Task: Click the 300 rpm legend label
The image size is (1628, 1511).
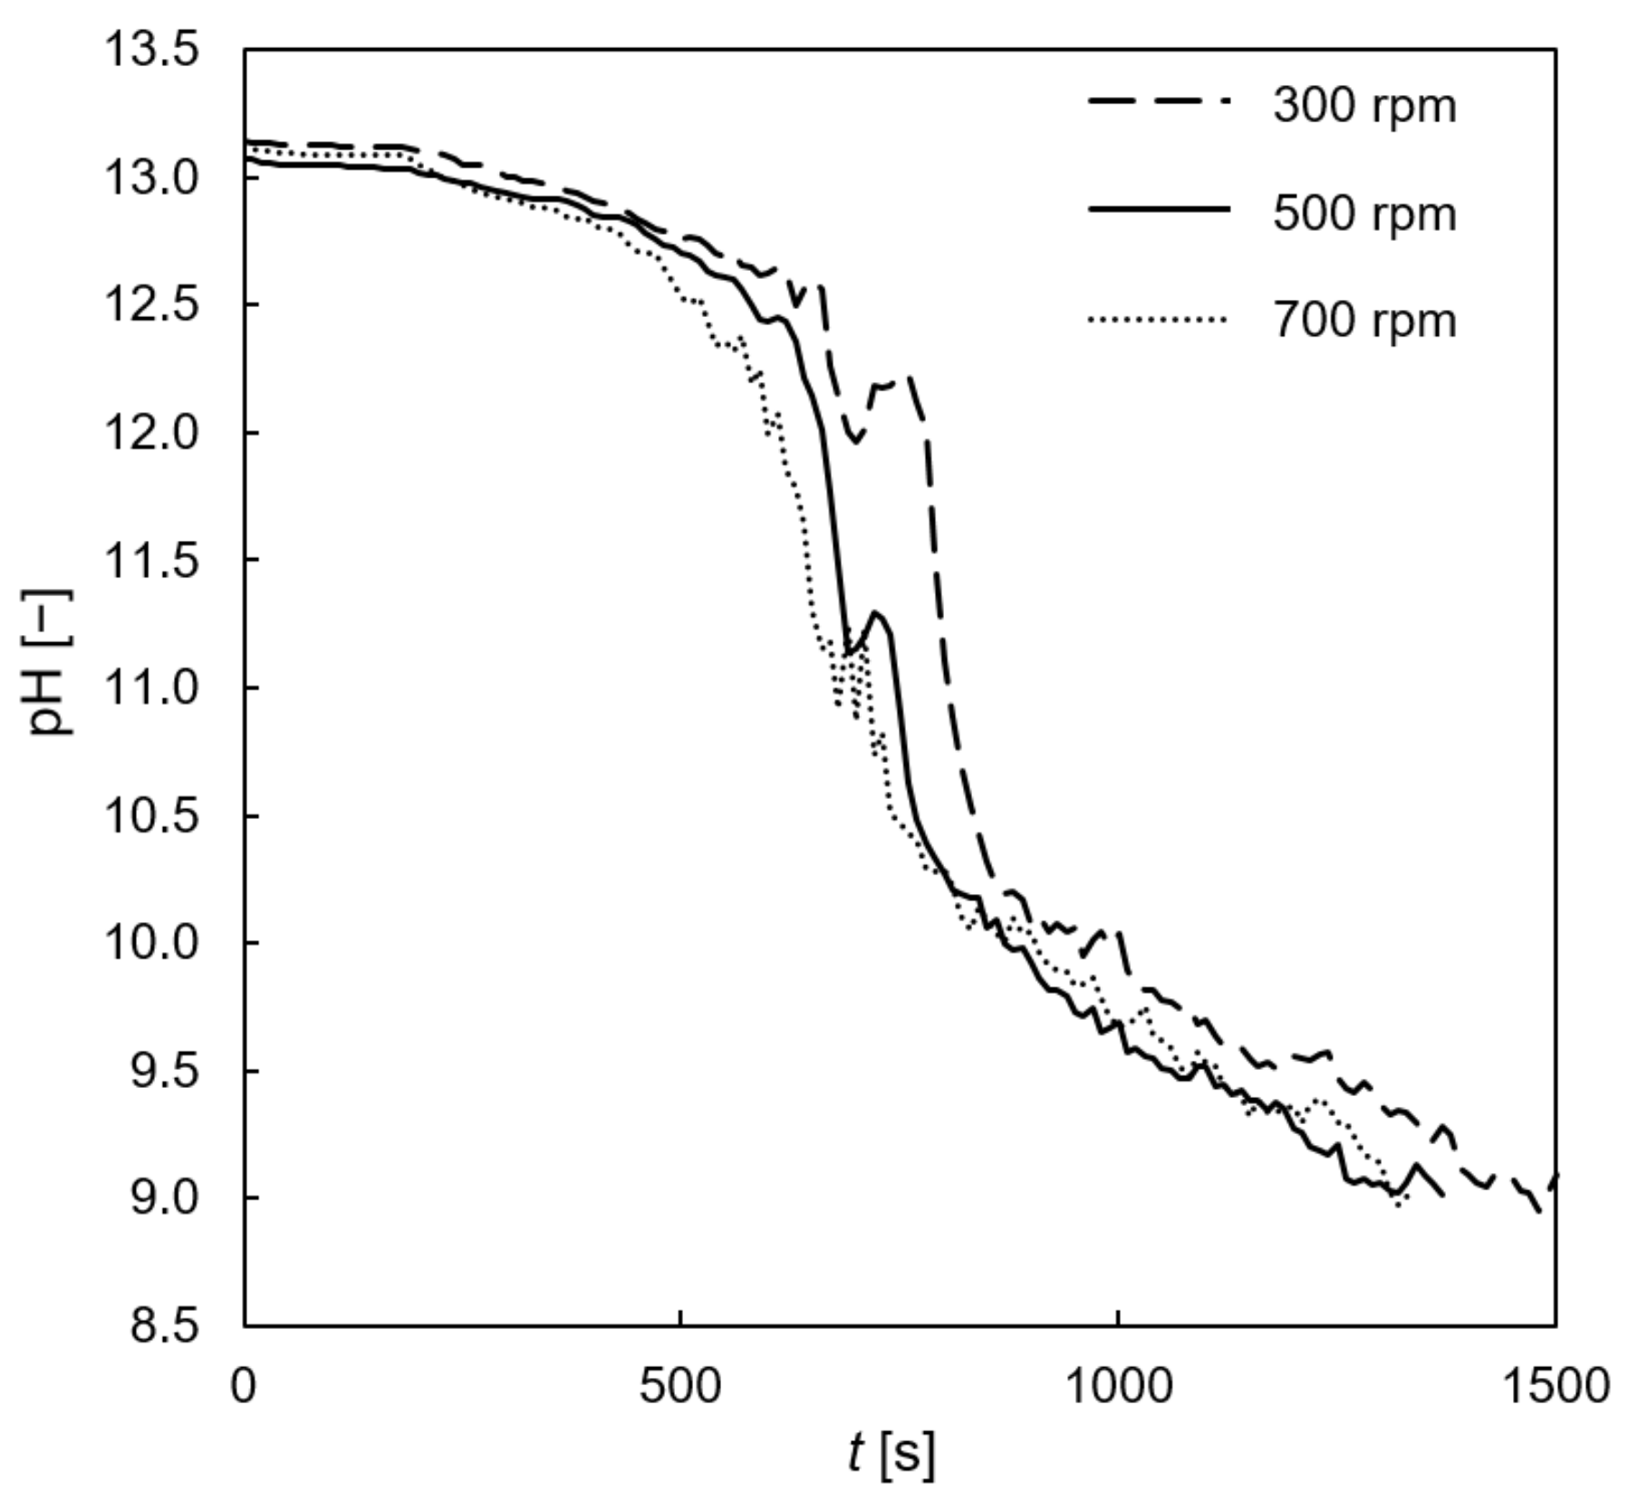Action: tap(1363, 107)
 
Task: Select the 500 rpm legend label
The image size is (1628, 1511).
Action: tap(1363, 215)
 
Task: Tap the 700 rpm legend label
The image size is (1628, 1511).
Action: tap(1363, 322)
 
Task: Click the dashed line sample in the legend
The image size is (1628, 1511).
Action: tap(1159, 102)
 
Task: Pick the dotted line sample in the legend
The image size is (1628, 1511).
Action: tap(1159, 319)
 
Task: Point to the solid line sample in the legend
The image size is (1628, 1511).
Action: tap(1159, 209)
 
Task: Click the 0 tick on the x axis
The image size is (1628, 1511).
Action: tap(244, 1386)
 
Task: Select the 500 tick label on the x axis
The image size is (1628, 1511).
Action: tap(680, 1386)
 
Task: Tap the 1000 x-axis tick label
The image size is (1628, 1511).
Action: tap(1118, 1386)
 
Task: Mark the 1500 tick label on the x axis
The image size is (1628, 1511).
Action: tap(1555, 1386)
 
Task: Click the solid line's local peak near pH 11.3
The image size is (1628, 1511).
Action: tap(876, 613)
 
